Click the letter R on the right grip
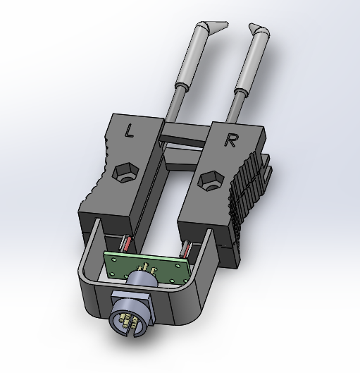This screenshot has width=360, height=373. pyautogui.click(x=230, y=140)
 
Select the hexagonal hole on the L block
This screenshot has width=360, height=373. pyautogui.click(x=124, y=172)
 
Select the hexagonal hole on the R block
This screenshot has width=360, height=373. pyautogui.click(x=209, y=180)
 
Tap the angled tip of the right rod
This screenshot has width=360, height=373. pyautogui.click(x=259, y=32)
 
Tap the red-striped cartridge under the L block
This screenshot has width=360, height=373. pyautogui.click(x=127, y=244)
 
